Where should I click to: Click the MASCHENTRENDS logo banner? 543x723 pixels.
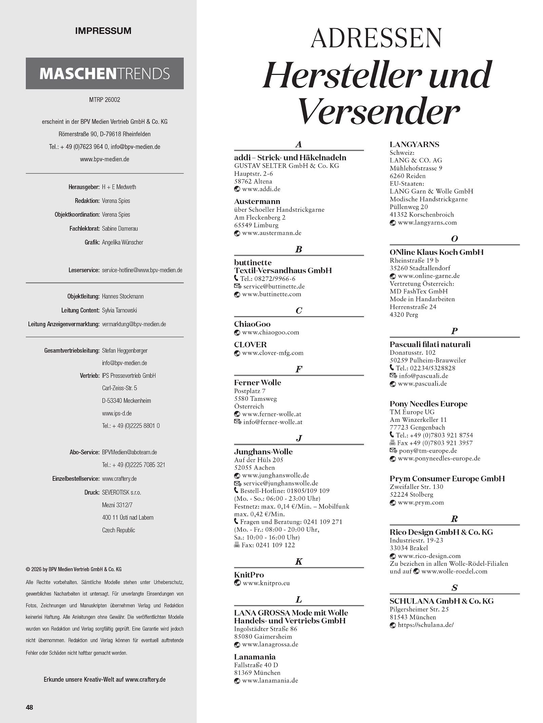coord(104,74)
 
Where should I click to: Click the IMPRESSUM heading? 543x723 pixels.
coord(103,31)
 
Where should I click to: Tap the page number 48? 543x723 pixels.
coord(30,707)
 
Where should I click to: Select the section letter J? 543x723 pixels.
coord(298,438)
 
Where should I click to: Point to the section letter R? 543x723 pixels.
coord(454,519)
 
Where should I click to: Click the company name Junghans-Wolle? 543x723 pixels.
coord(263,452)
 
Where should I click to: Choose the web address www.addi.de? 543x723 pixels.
coord(261,189)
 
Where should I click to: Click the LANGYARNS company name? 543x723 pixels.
coord(414,144)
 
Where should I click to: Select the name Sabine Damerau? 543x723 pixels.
coord(120,229)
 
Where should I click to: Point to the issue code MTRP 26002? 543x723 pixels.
coord(104,100)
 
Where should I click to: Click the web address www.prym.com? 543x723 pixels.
coord(421,502)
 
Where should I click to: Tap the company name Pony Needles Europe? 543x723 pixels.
coord(428,404)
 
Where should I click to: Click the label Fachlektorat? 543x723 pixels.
coord(84,229)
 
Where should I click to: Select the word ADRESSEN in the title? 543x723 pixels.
coord(376,38)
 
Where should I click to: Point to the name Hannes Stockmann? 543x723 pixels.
coord(123,296)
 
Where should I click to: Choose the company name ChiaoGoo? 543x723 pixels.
coord(252,324)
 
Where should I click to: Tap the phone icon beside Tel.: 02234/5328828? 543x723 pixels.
coord(392,368)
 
